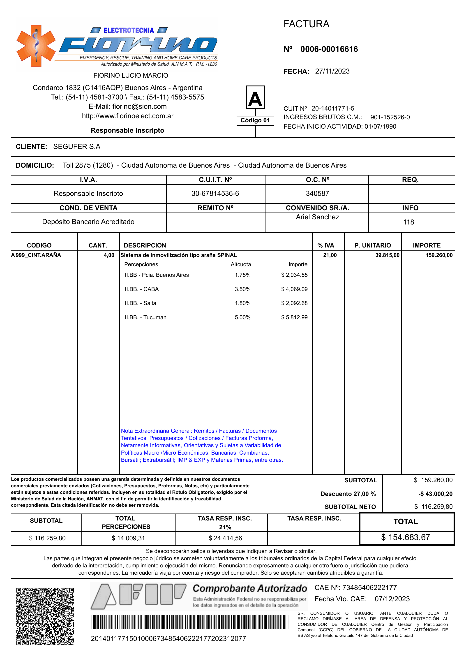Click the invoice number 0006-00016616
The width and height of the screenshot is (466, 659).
(x=329, y=49)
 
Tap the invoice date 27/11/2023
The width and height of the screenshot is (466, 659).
(x=332, y=71)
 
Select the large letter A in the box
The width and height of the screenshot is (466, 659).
(x=255, y=98)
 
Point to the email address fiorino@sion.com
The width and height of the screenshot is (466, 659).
(x=139, y=106)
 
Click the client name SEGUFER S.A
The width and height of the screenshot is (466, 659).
(x=77, y=147)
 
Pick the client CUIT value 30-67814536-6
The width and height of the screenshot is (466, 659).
(x=215, y=193)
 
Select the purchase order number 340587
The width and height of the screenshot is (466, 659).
(x=317, y=193)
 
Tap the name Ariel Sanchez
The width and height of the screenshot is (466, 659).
(x=317, y=217)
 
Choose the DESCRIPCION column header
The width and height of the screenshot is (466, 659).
(x=145, y=245)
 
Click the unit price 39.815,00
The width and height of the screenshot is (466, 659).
(x=387, y=255)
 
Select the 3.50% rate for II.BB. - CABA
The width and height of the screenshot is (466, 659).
(x=242, y=289)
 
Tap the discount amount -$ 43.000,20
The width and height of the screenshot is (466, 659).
(x=435, y=494)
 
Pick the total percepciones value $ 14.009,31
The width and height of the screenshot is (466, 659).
(x=128, y=538)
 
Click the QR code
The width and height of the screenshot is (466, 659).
(x=45, y=616)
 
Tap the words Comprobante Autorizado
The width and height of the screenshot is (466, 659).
(x=250, y=588)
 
